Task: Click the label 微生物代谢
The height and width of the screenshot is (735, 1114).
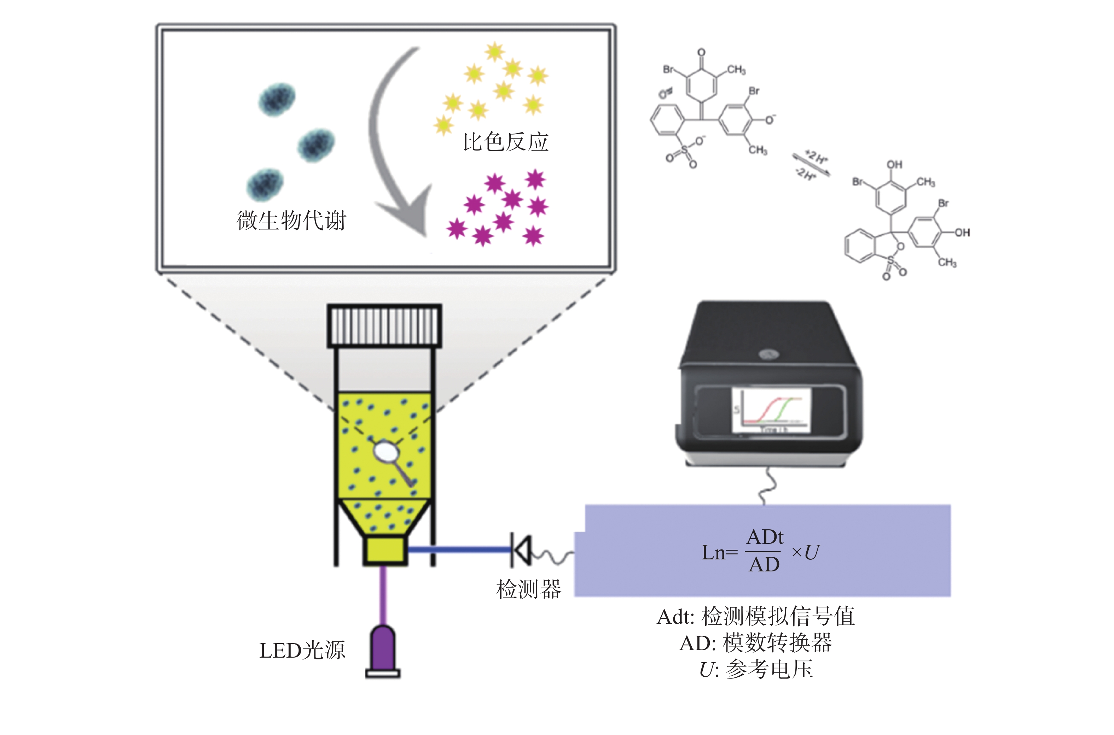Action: tap(291, 220)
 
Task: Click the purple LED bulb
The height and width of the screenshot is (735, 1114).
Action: tap(383, 649)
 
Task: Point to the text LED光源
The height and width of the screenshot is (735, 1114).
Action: tap(302, 651)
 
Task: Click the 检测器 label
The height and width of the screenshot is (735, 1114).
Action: tap(529, 589)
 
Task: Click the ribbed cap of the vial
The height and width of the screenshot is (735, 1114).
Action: tap(384, 325)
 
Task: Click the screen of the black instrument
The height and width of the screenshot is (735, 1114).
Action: tap(771, 411)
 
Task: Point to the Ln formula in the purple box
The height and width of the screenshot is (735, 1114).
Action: tap(760, 552)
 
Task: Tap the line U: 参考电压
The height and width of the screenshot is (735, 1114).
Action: tap(756, 669)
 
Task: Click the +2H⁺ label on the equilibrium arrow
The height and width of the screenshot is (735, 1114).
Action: tap(817, 157)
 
